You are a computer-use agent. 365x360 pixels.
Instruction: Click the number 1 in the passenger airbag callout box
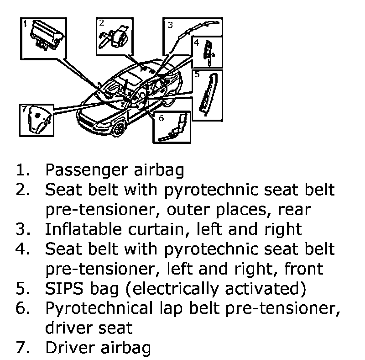25,24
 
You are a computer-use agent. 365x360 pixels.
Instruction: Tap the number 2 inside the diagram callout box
101,23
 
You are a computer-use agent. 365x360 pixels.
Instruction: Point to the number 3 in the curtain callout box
170,25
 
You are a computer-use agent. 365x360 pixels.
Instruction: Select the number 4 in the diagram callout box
197,42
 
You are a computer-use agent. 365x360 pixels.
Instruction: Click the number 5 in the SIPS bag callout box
197,74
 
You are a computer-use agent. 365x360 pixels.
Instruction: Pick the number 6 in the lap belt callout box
162,118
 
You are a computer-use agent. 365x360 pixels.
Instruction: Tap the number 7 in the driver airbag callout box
25,109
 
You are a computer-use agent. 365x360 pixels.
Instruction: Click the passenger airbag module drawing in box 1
47,35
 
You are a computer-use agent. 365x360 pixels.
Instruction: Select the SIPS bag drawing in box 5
209,94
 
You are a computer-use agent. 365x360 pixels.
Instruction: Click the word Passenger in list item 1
87,170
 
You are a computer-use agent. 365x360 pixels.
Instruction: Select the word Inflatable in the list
83,229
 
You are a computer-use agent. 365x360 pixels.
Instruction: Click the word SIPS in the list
64,288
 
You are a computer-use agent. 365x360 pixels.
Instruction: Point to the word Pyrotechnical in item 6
99,308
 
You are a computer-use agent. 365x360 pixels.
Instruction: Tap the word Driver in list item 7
70,348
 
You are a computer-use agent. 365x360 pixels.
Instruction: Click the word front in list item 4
304,269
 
